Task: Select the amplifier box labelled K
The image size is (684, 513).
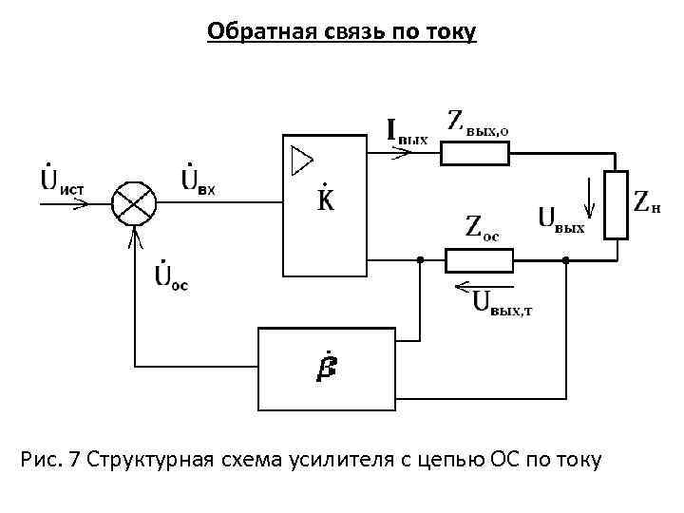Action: point(325,203)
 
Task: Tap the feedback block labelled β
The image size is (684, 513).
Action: point(326,367)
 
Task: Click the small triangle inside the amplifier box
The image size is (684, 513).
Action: point(301,160)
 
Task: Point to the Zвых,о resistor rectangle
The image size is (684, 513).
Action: point(475,154)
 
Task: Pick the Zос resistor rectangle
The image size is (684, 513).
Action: point(480,259)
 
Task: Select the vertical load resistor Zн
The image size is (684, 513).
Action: point(617,204)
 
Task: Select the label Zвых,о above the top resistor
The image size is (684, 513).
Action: point(484,123)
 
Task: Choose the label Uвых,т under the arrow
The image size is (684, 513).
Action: point(503,303)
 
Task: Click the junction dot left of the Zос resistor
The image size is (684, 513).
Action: point(420,259)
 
